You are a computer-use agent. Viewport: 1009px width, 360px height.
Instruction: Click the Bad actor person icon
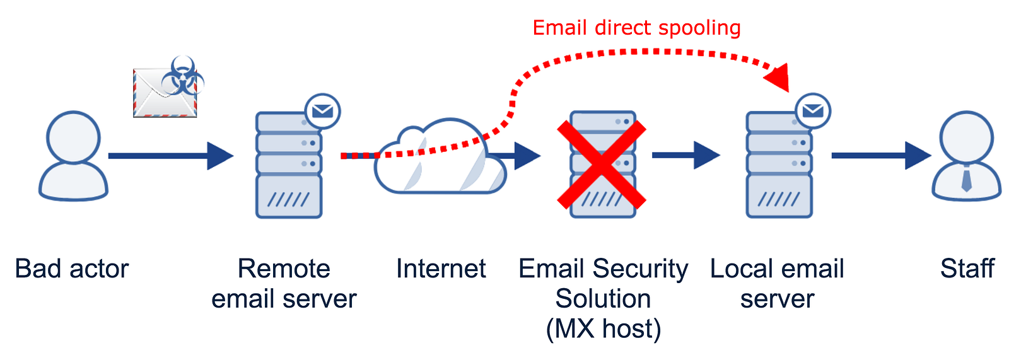[x=73, y=156]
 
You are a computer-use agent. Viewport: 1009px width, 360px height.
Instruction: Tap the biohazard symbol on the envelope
[x=182, y=76]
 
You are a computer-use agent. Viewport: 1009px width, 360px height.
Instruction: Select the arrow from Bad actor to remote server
[x=171, y=156]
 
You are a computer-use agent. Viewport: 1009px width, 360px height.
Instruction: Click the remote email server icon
[x=289, y=165]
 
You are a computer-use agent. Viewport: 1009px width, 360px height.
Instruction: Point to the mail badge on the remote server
[x=322, y=111]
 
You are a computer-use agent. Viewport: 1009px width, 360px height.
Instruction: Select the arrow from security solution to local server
[x=686, y=156]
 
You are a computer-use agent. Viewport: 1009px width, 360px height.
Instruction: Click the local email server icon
[x=779, y=165]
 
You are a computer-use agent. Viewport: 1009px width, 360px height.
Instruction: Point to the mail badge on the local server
[x=813, y=111]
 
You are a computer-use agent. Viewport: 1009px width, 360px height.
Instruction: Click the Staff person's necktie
[x=966, y=178]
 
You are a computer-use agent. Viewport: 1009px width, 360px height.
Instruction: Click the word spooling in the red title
[x=699, y=28]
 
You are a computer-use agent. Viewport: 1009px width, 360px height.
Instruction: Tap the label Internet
[x=441, y=269]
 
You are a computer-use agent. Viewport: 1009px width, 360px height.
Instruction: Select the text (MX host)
[x=603, y=329]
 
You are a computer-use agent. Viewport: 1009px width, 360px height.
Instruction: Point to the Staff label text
[x=967, y=269]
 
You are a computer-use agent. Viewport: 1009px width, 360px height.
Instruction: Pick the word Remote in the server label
[x=284, y=269]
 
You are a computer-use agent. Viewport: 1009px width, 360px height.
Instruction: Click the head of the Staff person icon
[x=967, y=137]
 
